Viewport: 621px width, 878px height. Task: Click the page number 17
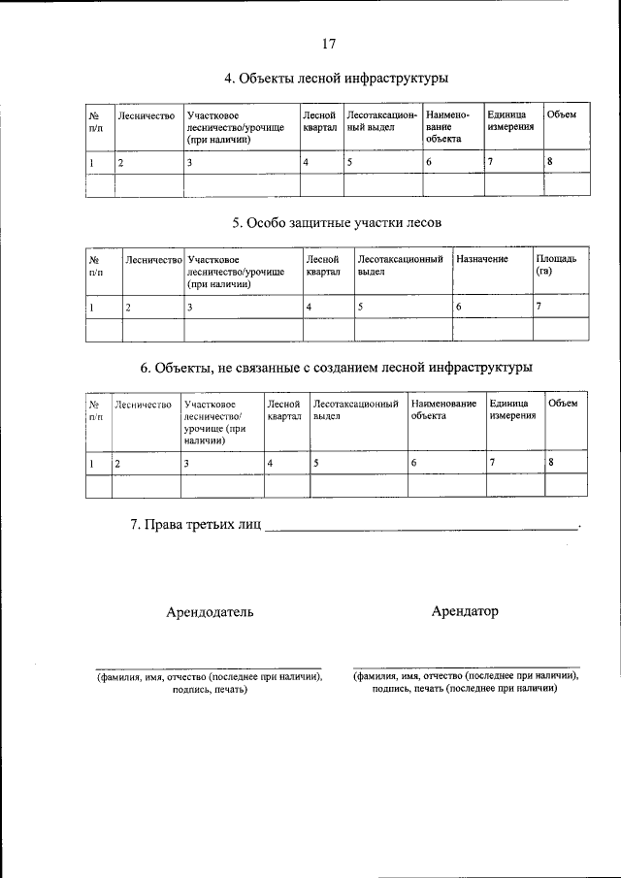click(328, 43)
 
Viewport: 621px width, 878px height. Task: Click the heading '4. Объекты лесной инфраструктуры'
click(337, 79)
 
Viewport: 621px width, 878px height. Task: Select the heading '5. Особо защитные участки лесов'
click(337, 223)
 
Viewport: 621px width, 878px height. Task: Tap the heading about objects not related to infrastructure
click(337, 368)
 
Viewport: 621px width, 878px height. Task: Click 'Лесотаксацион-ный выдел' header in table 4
click(381, 121)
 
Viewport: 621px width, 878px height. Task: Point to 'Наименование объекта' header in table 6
click(443, 409)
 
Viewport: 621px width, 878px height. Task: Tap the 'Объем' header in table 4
click(561, 115)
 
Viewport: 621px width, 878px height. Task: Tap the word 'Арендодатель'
click(210, 612)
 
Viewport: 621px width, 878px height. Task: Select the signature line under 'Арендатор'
click(466, 668)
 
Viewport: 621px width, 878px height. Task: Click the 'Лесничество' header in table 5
click(153, 260)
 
